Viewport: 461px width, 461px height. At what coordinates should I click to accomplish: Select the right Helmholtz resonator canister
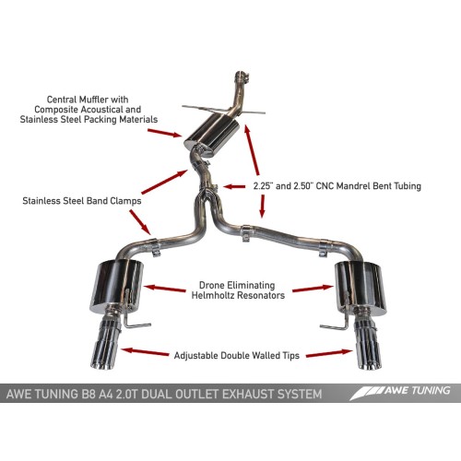(x=354, y=284)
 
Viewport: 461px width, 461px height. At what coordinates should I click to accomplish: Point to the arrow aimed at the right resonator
(x=310, y=290)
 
